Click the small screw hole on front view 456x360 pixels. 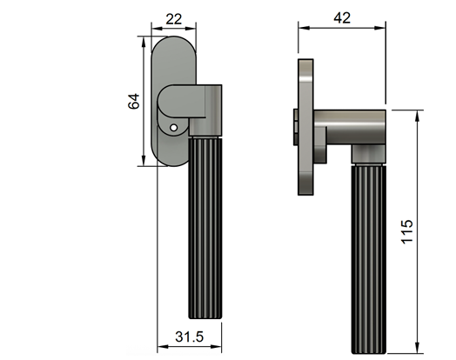[x=174, y=128]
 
